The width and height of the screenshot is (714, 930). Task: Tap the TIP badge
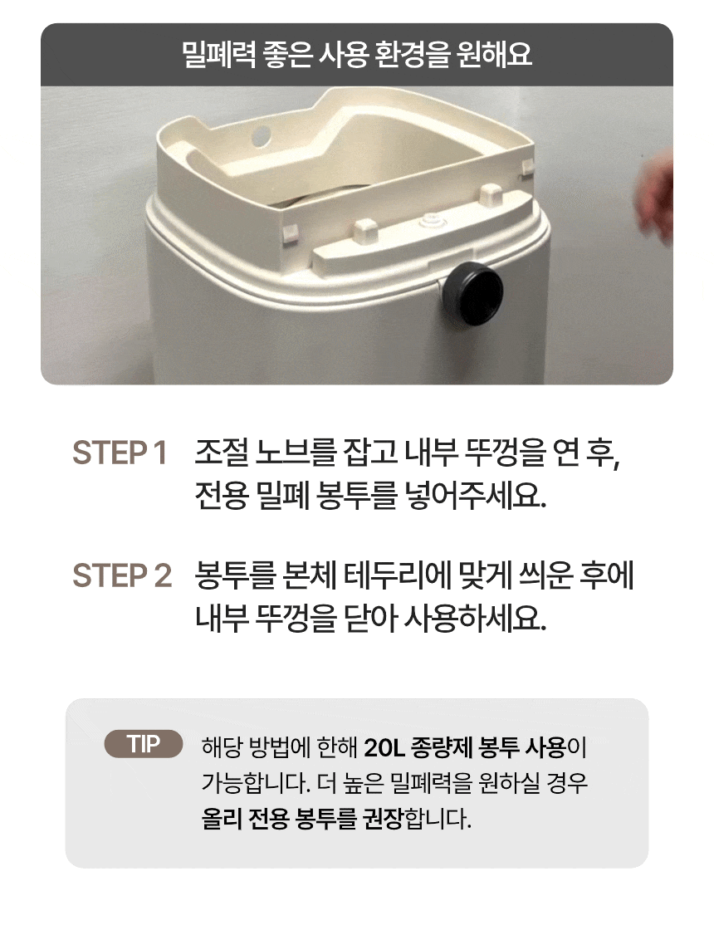144,744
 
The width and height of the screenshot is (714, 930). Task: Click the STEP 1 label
120,453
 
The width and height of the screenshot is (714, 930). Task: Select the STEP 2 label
122,576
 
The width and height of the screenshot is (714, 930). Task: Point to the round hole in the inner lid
260,135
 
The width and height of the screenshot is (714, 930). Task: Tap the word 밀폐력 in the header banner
219,55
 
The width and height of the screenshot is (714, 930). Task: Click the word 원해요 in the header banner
495,55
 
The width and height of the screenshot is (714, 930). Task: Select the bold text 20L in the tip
384,747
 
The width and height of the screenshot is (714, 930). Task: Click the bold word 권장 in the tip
383,819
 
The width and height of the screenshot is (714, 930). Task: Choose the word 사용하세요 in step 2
474,619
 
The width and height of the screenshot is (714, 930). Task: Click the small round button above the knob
428,223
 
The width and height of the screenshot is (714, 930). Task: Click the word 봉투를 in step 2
236,576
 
